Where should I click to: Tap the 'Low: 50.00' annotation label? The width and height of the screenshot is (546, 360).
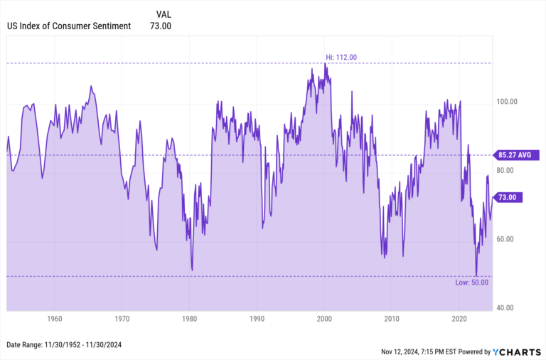pyautogui.click(x=471, y=282)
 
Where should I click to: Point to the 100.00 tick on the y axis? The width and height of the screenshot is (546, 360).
pyautogui.click(x=507, y=102)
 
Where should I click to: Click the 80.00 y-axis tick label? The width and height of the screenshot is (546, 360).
pyautogui.click(x=507, y=171)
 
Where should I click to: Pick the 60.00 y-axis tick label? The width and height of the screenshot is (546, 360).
pyautogui.click(x=507, y=239)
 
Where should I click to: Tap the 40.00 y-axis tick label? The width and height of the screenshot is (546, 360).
pyautogui.click(x=507, y=308)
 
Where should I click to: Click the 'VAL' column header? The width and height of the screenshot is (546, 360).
pyautogui.click(x=163, y=14)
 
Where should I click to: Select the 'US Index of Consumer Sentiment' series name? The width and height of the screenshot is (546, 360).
pyautogui.click(x=69, y=26)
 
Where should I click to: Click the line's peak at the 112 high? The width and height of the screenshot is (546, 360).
pyautogui.click(x=325, y=63)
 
